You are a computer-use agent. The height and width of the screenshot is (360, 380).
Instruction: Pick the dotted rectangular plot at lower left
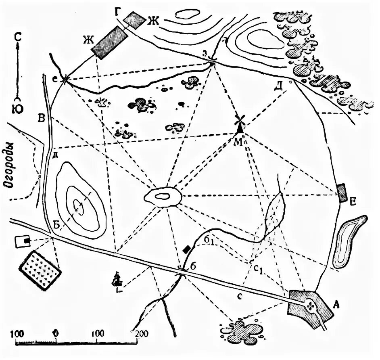pyautogui.click(x=40, y=270)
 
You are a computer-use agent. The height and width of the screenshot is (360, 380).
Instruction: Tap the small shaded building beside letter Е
pyautogui.click(x=342, y=193)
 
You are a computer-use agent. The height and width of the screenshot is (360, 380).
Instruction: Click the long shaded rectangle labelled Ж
pyautogui.click(x=110, y=43)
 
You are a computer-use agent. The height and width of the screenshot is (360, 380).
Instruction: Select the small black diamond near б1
pyautogui.click(x=186, y=249)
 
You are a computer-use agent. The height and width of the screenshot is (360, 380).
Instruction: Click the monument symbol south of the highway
pyautogui.click(x=118, y=280)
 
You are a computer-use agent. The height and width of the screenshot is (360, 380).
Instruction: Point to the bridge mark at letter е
pyautogui.click(x=65, y=80)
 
